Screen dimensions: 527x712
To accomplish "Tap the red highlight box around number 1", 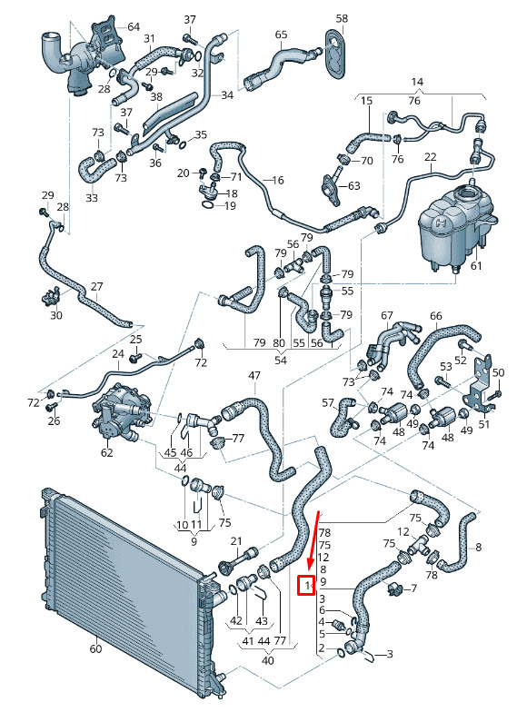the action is point(305,585).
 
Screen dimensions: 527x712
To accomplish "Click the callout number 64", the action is point(134,27).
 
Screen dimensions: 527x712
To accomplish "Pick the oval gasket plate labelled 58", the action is point(336,53).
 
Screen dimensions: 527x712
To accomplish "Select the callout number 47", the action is point(254,376).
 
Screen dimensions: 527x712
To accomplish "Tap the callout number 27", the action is point(96,287).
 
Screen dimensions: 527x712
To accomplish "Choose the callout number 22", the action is point(431,156).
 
